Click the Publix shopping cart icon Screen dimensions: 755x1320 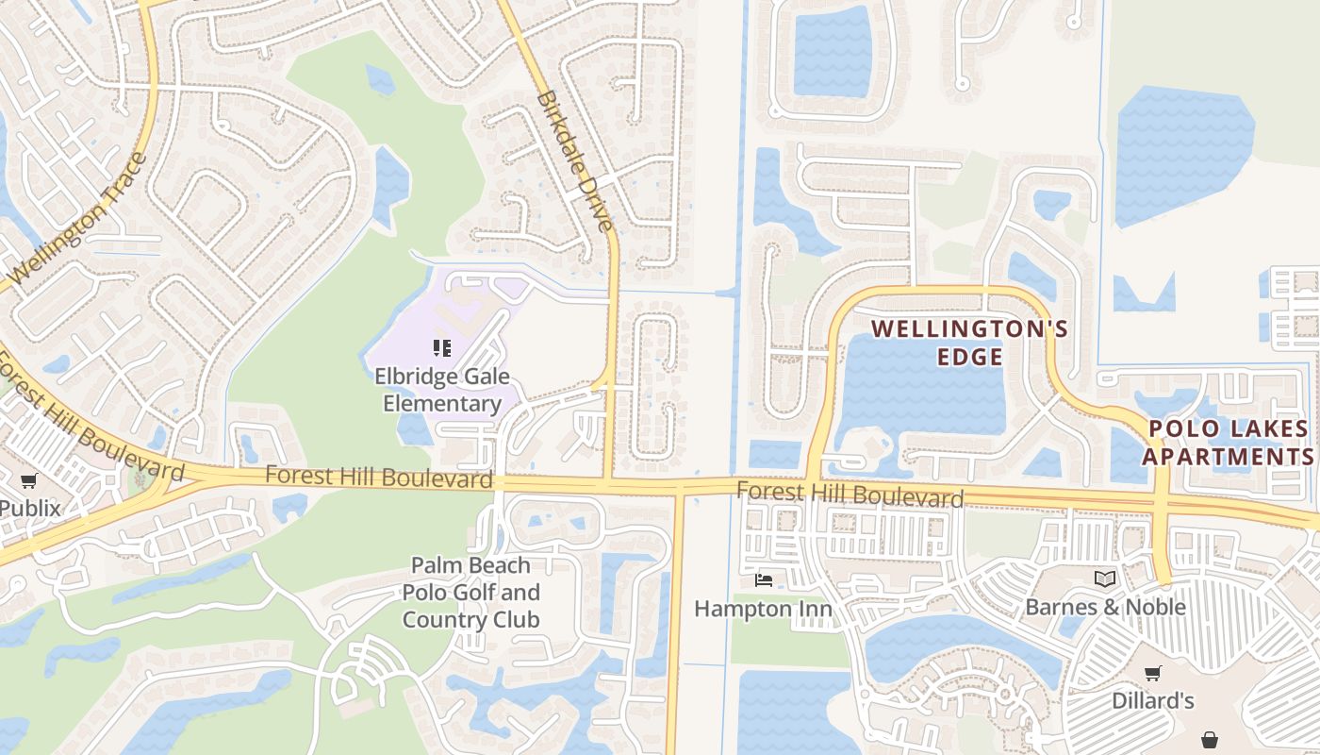29,480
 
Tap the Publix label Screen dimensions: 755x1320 30,508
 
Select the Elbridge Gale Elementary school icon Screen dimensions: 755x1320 441,348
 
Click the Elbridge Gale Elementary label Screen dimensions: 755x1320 442,390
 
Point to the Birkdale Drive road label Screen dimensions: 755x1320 574,160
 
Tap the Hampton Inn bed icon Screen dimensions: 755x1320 764,579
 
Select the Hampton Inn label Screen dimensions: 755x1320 763,609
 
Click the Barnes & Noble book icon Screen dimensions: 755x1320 1105,579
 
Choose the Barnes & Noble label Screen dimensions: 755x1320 1105,607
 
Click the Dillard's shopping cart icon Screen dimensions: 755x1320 1152,673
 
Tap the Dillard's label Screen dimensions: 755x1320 1152,700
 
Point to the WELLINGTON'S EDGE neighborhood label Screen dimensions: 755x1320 969,343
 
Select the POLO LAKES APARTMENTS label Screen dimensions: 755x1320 1229,443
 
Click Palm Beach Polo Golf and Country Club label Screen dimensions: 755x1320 470,593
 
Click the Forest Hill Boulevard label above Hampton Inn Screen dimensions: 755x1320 850,495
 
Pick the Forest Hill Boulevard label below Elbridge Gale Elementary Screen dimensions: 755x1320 379,477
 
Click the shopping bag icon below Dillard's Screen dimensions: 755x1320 1210,739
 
